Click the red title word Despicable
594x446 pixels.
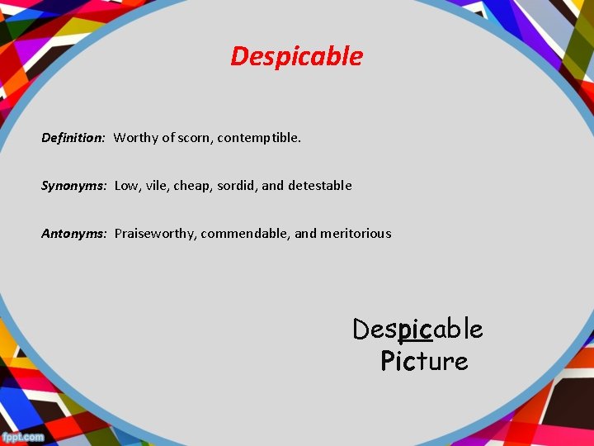pyautogui.click(x=296, y=56)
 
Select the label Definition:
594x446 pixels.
pyautogui.click(x=73, y=138)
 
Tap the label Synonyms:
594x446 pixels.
pyautogui.click(x=74, y=186)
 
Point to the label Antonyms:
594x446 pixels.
pyautogui.click(x=74, y=234)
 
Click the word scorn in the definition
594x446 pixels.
pyautogui.click(x=195, y=138)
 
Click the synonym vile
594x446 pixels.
pyautogui.click(x=157, y=186)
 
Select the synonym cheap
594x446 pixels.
pyautogui.click(x=191, y=186)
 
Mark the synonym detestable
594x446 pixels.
pyautogui.click(x=320, y=186)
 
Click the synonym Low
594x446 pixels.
pyautogui.click(x=126, y=186)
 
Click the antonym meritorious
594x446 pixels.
pyautogui.click(x=356, y=234)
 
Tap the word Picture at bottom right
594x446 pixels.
pyautogui.click(x=424, y=361)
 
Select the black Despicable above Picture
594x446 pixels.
pyautogui.click(x=417, y=330)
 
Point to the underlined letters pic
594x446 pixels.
pyautogui.click(x=415, y=330)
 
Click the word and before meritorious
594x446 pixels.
pyautogui.click(x=305, y=234)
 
